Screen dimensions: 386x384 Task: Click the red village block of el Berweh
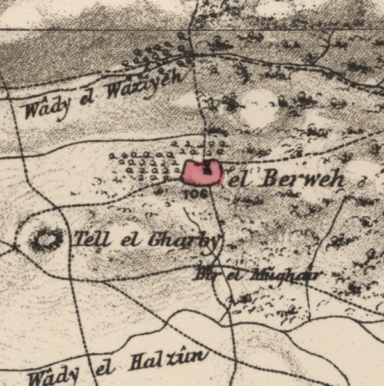[x=202, y=173]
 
